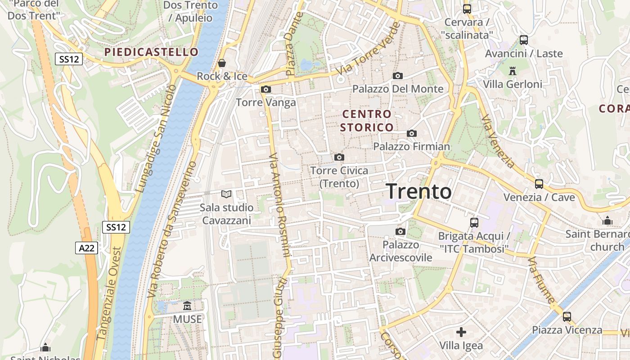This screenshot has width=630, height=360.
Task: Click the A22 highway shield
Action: [x=86, y=247]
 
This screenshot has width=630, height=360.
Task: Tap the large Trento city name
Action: [x=419, y=191]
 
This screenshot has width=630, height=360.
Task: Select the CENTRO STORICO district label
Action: [x=367, y=121]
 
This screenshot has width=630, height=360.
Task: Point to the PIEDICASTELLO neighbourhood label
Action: [x=151, y=52]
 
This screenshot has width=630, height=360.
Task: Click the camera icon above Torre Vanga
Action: [x=266, y=89]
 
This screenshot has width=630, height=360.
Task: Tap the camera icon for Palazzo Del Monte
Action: [x=397, y=76]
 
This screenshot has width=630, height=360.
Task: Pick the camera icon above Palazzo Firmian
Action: [x=411, y=133]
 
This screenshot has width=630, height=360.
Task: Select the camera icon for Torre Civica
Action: [x=339, y=157]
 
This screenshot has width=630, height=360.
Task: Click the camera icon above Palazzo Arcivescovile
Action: [x=400, y=231]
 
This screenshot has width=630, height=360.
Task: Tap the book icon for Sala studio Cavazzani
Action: [x=226, y=194]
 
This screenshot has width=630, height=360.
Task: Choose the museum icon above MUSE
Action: [x=187, y=306]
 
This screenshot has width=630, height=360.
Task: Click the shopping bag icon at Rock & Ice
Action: [x=221, y=63]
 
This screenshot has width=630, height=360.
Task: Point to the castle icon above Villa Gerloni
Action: [x=512, y=71]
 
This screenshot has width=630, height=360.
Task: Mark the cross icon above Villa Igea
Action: [x=461, y=332]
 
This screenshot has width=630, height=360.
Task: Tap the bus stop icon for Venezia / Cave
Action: [x=539, y=184]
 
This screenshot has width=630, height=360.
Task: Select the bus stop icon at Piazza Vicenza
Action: [x=567, y=316]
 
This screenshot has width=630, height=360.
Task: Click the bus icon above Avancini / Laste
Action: [x=523, y=40]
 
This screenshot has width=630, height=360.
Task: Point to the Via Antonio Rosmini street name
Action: [x=280, y=205]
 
